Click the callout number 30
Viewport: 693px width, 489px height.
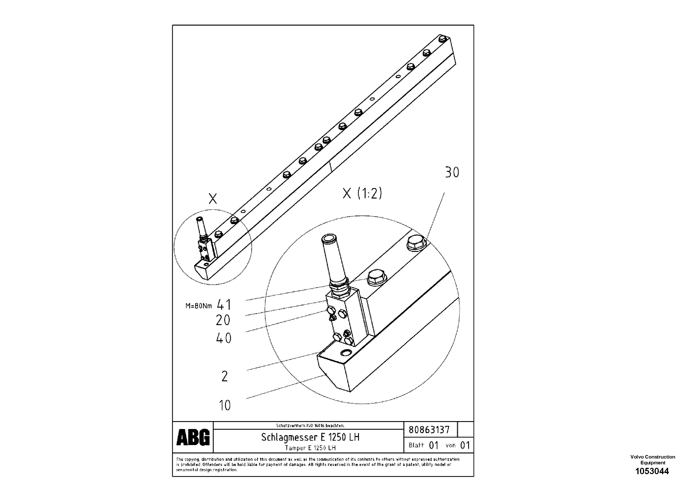pyautogui.click(x=452, y=173)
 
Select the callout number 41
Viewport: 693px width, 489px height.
pyautogui.click(x=224, y=305)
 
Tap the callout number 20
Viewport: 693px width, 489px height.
pyautogui.click(x=223, y=320)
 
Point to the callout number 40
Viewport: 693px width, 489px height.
pyautogui.click(x=224, y=338)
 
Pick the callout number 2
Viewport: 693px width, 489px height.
pyautogui.click(x=225, y=376)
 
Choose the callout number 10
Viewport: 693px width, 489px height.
pyautogui.click(x=225, y=406)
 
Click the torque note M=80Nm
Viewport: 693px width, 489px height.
pyautogui.click(x=199, y=306)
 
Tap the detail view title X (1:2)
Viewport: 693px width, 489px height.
pyautogui.click(x=362, y=193)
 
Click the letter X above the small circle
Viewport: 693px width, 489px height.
pyautogui.click(x=213, y=199)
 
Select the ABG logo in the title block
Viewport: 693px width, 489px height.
pyautogui.click(x=193, y=437)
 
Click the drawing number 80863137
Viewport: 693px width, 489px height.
pyautogui.click(x=429, y=430)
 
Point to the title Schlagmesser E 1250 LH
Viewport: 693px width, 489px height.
pyautogui.click(x=310, y=437)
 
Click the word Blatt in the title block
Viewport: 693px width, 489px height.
pyautogui.click(x=416, y=445)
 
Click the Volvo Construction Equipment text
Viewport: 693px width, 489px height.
pyautogui.click(x=652, y=460)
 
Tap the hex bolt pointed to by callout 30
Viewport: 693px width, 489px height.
pyautogui.click(x=416, y=242)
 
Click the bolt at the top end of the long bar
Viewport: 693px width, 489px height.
pyautogui.click(x=443, y=39)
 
